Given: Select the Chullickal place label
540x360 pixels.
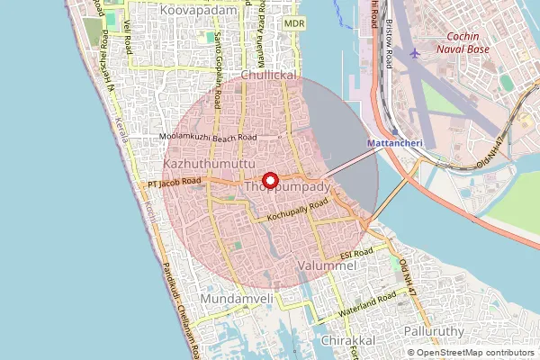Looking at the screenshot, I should click(268, 77).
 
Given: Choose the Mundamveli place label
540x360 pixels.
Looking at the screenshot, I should click(238, 298).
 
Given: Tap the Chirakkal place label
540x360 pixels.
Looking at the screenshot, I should click(346, 343).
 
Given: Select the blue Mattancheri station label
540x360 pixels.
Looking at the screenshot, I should click(392, 143).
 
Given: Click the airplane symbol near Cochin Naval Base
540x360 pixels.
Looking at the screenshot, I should click(414, 53).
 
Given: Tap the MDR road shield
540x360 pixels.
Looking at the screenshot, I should click(293, 22).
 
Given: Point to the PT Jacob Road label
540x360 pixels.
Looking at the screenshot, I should click(175, 183).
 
